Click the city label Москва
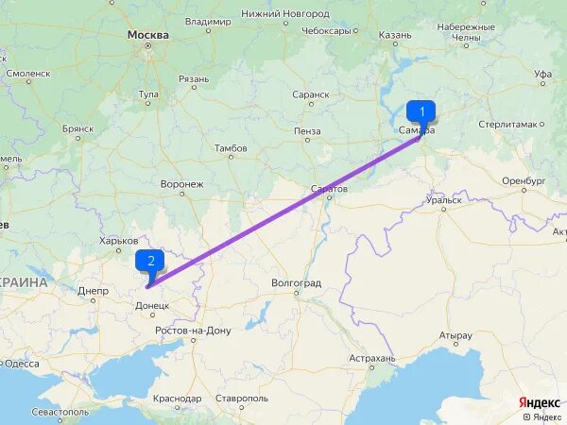pos(148,35)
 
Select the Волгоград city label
pos(296,282)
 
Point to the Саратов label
pos(329,189)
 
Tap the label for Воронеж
pos(181,183)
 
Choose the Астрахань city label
pos(371,358)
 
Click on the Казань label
pos(395,35)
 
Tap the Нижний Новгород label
pos(284,14)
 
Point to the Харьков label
pos(118,241)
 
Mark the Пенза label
pos(307,130)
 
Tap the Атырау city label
pos(455,335)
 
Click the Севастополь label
pos(60,412)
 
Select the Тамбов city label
pos(231,148)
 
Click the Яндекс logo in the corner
pos(539,401)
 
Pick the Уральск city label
pos(443,199)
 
